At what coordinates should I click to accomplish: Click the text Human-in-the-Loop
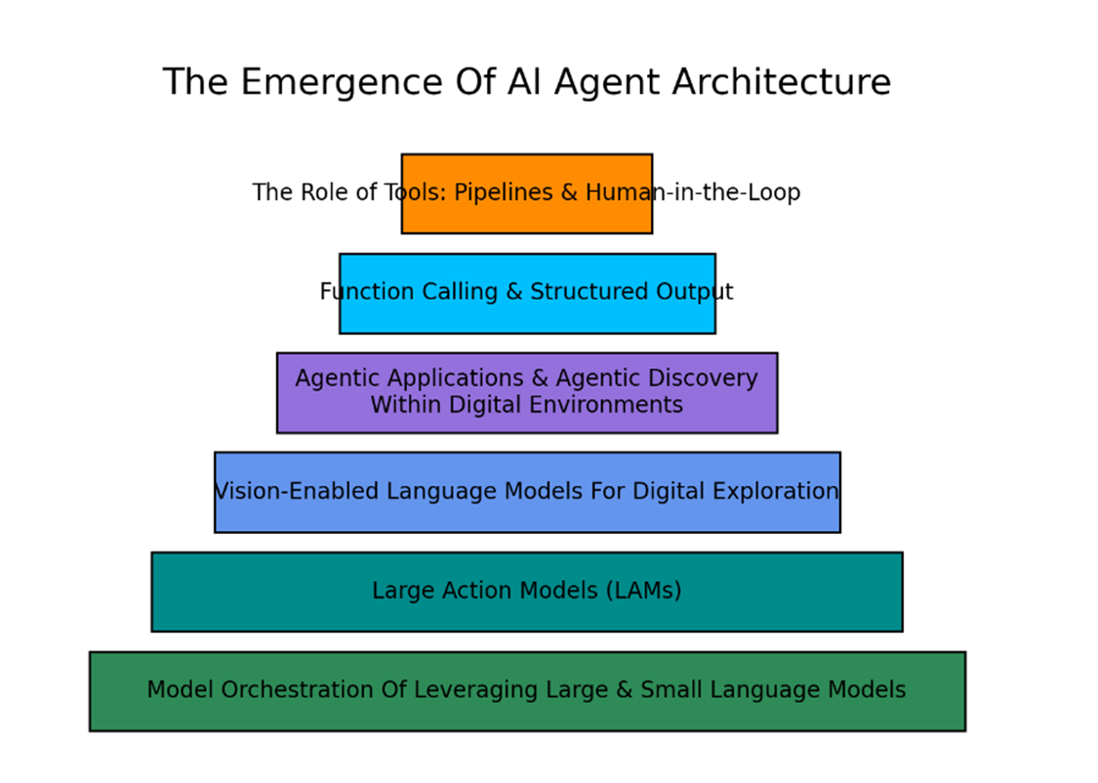pyautogui.click(x=693, y=192)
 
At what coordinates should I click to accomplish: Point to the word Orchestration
pyautogui.click(x=297, y=690)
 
